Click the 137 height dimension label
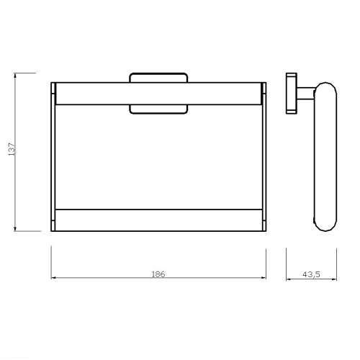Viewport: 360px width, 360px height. [x=12, y=149]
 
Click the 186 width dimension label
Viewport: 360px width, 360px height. [x=158, y=274]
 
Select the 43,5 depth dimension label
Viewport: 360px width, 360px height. [x=311, y=274]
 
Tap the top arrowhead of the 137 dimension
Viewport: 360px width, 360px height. [x=15, y=75]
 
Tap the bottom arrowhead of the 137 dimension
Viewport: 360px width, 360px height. [x=15, y=229]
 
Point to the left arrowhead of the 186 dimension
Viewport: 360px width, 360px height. [x=53, y=278]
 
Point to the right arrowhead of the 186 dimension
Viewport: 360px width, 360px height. [x=264, y=278]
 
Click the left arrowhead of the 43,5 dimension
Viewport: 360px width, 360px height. [x=289, y=279]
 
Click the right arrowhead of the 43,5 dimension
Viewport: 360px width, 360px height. [x=334, y=279]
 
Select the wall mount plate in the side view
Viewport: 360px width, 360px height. [x=292, y=94]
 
